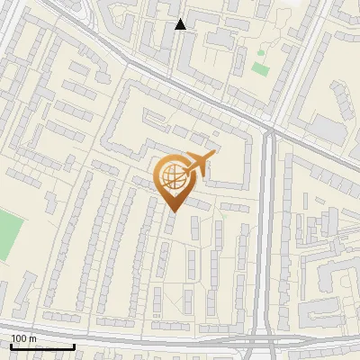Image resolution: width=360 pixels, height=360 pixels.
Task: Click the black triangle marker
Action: click(x=181, y=24)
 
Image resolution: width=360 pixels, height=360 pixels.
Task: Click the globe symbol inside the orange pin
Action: click(x=173, y=176)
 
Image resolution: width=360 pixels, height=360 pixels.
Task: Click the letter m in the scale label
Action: click(x=32, y=338)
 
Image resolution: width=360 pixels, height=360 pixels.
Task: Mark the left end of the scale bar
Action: click(x=11, y=346)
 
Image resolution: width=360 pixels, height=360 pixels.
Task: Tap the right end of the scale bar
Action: click(x=74, y=346)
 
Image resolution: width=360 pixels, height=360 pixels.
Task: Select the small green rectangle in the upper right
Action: click(x=260, y=68)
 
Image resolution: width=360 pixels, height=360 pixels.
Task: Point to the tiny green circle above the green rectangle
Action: click(x=263, y=53)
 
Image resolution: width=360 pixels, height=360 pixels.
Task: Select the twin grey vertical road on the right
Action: click(x=266, y=234)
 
